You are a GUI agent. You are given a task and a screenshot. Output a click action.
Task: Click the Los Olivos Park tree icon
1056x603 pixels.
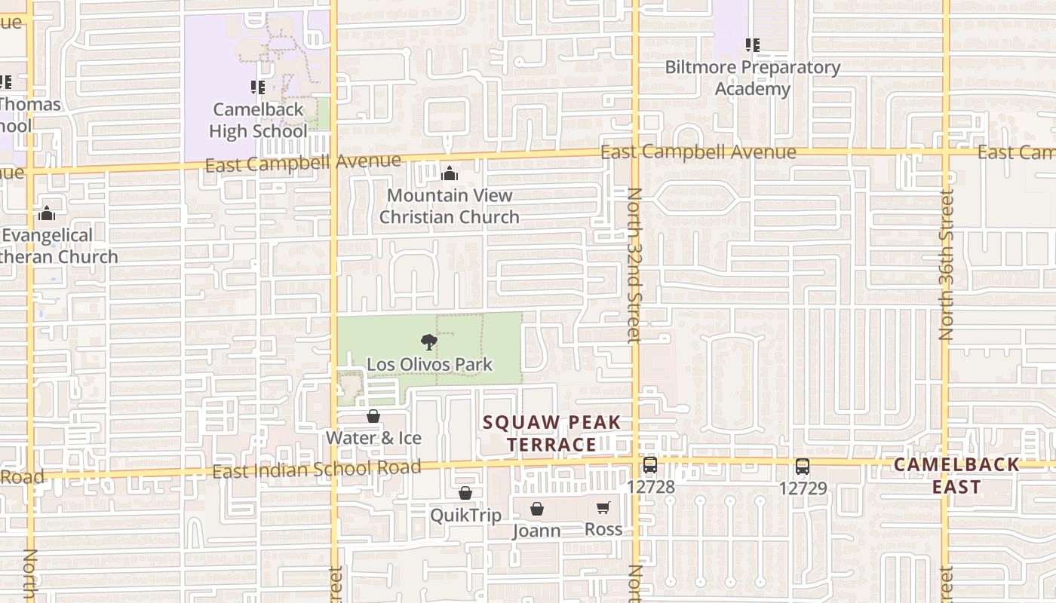(429, 342)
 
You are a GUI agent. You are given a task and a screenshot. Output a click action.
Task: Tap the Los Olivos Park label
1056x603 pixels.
(429, 365)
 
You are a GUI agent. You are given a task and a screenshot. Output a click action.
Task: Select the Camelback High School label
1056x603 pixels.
(258, 121)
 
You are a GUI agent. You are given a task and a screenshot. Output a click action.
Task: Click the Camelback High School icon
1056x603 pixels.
(258, 87)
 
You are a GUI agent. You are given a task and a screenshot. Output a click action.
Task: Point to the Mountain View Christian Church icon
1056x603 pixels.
(450, 174)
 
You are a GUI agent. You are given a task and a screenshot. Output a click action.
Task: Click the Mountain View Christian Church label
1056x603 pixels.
(449, 207)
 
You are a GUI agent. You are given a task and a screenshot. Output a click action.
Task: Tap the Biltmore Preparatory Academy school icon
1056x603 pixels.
(752, 45)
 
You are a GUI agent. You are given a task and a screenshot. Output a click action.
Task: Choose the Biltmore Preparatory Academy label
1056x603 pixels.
(752, 78)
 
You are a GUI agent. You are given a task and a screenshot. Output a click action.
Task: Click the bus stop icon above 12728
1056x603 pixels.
(650, 465)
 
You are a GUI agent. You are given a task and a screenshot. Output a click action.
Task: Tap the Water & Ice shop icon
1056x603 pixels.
(373, 416)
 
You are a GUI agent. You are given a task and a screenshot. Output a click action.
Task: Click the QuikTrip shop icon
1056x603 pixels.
(465, 494)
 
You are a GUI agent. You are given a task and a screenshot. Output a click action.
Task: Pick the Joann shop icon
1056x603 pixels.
(537, 510)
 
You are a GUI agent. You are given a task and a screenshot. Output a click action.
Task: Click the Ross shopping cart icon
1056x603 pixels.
(603, 508)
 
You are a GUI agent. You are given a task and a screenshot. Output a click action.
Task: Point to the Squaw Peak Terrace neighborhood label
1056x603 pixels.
(552, 433)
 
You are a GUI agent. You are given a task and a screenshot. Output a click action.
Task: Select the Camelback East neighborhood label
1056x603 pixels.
(956, 476)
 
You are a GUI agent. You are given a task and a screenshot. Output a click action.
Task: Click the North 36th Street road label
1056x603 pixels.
(947, 264)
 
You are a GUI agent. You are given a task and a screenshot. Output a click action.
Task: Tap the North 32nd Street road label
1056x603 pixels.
(634, 265)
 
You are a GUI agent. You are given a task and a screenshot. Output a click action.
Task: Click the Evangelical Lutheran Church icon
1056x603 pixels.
(47, 214)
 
